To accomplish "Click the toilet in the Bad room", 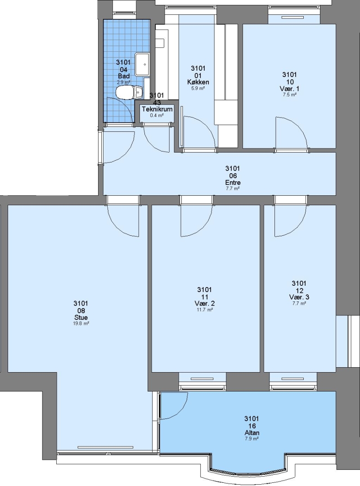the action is pyautogui.click(x=129, y=92).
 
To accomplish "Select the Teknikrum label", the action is pyautogui.click(x=157, y=109).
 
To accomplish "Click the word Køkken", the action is pyautogui.click(x=198, y=82).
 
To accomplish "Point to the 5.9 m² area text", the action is pyautogui.click(x=198, y=88).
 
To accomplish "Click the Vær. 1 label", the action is pyautogui.click(x=289, y=89).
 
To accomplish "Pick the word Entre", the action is pyautogui.click(x=233, y=183).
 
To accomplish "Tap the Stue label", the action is pyautogui.click(x=81, y=317).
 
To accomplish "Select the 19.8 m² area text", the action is pyautogui.click(x=81, y=324).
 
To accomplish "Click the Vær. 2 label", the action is pyautogui.click(x=205, y=303).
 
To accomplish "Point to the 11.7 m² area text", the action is pyautogui.click(x=205, y=310).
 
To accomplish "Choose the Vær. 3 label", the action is pyautogui.click(x=299, y=297).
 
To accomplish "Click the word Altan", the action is pyautogui.click(x=252, y=433).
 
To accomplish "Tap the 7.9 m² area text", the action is pyautogui.click(x=252, y=439).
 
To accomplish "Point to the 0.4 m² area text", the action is pyautogui.click(x=157, y=115).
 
